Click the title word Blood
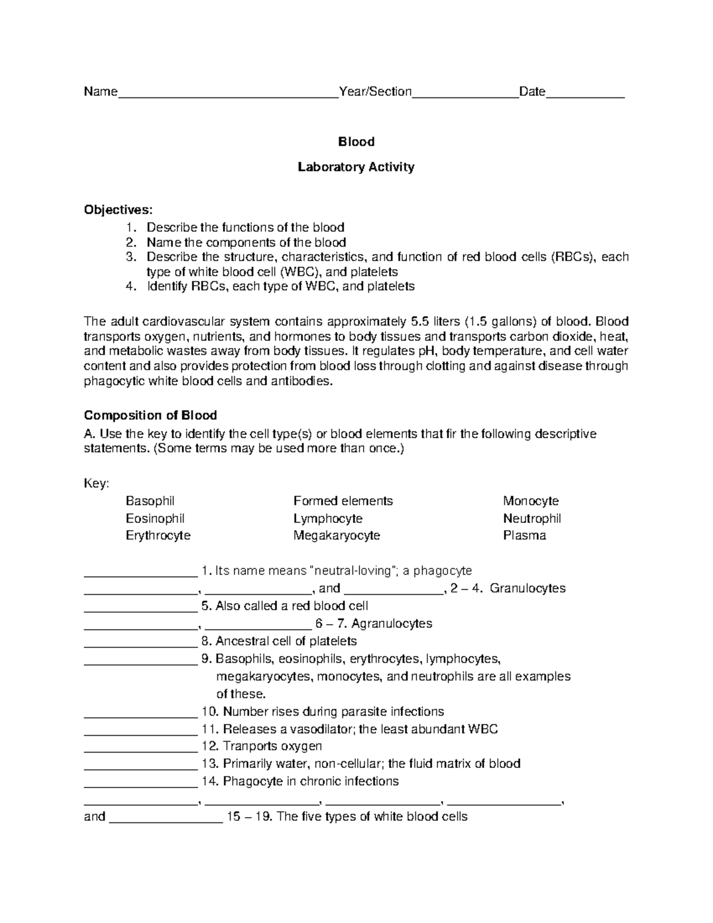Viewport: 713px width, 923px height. click(x=356, y=141)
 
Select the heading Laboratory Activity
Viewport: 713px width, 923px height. click(x=356, y=167)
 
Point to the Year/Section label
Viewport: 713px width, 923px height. click(x=375, y=92)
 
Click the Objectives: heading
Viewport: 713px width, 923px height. click(x=118, y=210)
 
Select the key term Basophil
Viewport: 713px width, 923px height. click(x=150, y=501)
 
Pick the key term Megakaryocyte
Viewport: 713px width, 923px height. click(x=336, y=535)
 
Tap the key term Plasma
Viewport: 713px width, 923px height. click(x=524, y=535)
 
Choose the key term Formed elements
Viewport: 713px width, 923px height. click(x=343, y=501)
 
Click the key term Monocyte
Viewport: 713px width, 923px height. click(x=531, y=501)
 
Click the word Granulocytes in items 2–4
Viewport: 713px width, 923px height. click(x=528, y=588)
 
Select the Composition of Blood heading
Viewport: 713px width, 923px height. click(x=150, y=415)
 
